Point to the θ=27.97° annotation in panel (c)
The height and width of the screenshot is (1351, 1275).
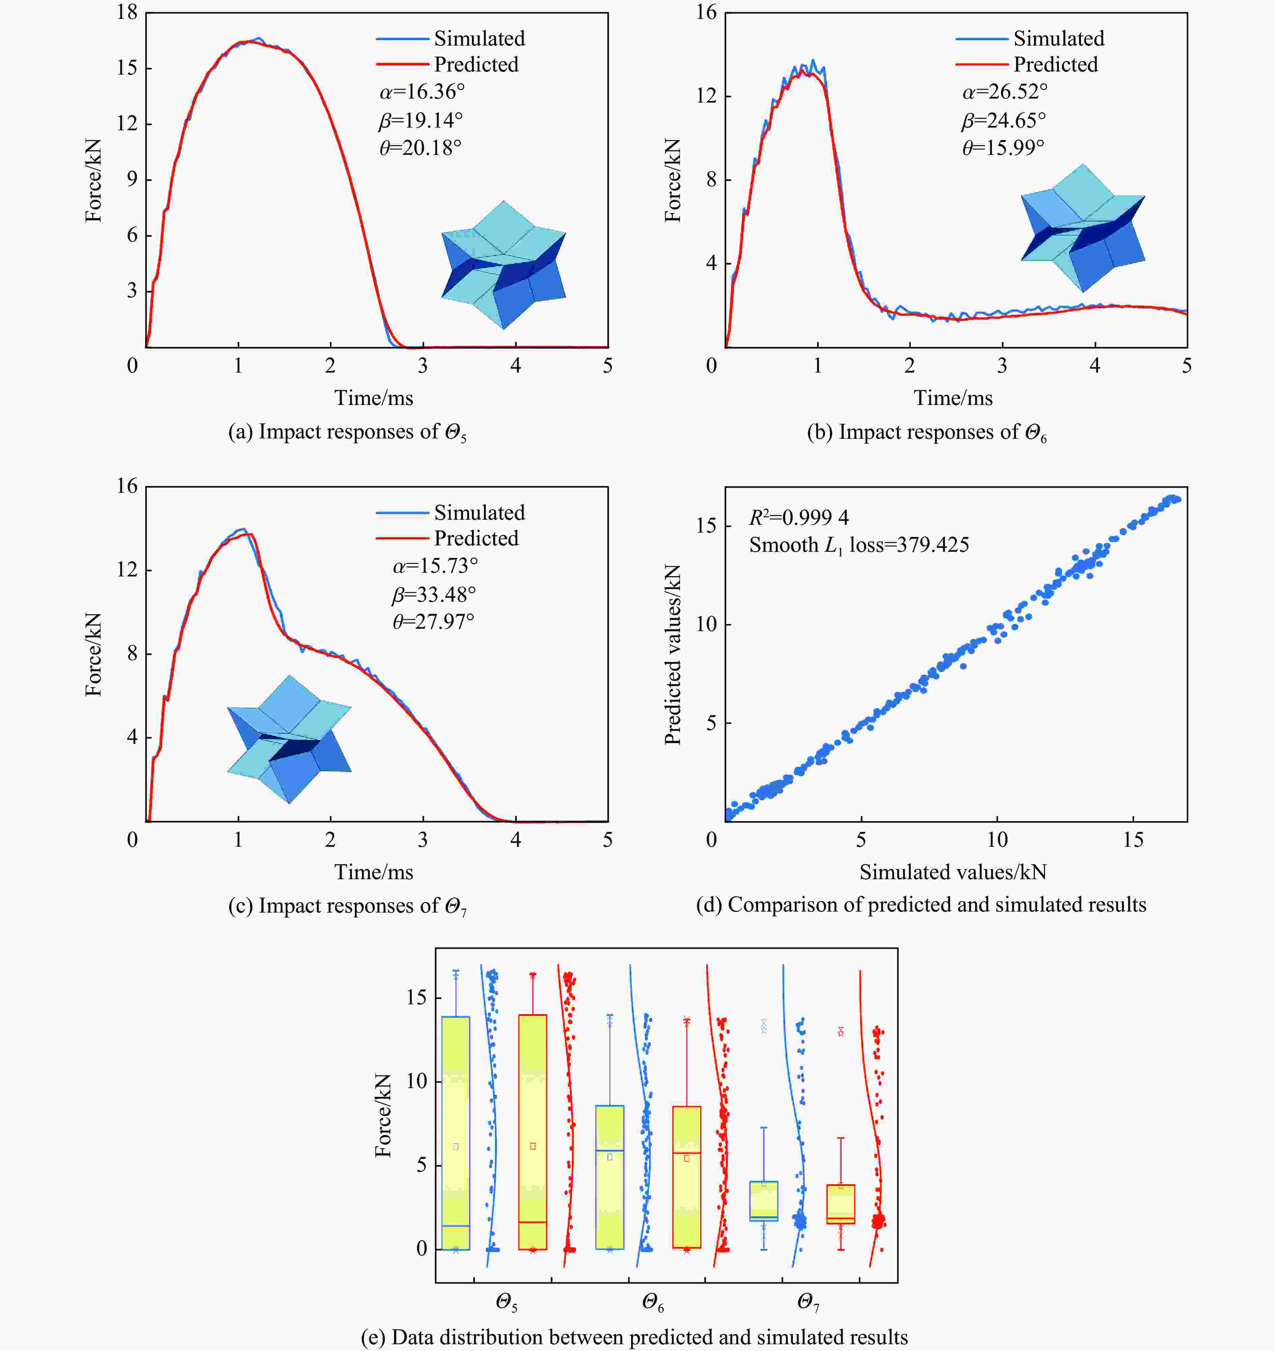coord(434,621)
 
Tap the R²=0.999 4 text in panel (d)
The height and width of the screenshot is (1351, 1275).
coord(799,518)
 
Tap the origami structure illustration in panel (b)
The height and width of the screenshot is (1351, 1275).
coord(1083,228)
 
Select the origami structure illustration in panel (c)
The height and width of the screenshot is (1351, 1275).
coord(289,739)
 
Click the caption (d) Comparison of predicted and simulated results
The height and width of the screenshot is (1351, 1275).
coord(921,905)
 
